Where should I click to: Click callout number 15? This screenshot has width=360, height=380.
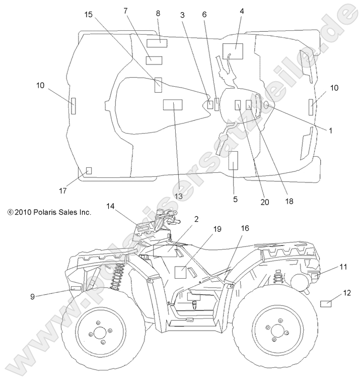[x=89, y=15]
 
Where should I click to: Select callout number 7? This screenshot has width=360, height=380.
[x=125, y=11]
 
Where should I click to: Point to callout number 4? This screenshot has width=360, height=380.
[x=242, y=11]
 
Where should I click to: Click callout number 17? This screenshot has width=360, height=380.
[x=62, y=191]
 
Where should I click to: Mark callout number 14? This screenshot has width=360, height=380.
[x=110, y=206]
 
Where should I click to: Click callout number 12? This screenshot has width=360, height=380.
[x=347, y=292]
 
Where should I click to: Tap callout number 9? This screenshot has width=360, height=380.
[x=32, y=297]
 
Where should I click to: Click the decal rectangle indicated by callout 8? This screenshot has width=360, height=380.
[x=157, y=42]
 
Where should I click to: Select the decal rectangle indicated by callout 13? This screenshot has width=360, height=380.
[x=173, y=105]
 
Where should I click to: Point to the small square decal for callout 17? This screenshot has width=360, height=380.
[x=89, y=170]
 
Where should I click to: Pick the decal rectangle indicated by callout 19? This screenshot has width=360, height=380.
[x=181, y=272]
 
